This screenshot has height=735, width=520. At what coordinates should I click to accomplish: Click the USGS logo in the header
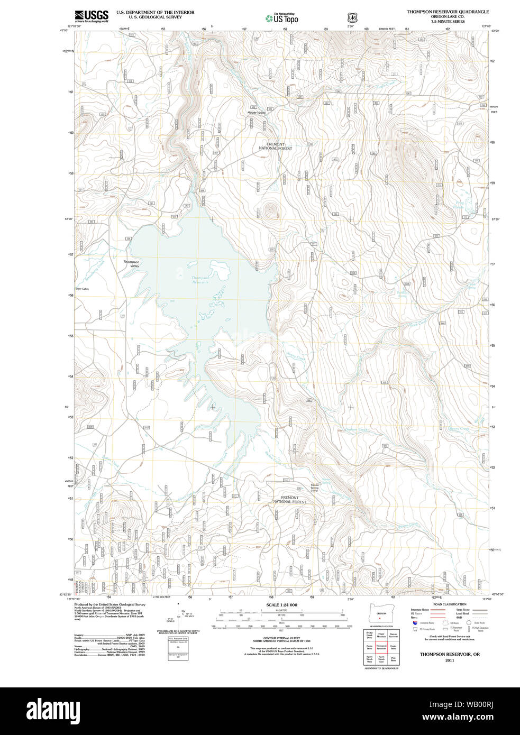click(91, 16)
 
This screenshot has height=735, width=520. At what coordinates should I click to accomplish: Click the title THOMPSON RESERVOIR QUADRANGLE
click(448, 12)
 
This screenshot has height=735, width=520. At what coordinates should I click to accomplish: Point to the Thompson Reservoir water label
click(200, 280)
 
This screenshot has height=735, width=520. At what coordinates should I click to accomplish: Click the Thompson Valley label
click(131, 264)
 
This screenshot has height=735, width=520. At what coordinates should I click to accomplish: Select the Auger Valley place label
click(257, 113)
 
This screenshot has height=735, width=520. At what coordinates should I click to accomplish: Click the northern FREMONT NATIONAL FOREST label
click(275, 146)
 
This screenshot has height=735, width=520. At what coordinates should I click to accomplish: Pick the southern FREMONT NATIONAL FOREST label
click(289, 500)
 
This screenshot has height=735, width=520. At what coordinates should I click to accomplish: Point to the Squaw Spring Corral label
click(315, 488)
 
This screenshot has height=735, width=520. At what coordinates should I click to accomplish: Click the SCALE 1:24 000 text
click(281, 605)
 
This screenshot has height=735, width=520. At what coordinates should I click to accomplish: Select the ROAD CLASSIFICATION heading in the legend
click(450, 604)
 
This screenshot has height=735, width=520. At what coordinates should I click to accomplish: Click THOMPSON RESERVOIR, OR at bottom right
click(450, 654)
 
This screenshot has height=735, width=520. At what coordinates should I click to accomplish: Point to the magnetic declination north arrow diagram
click(181, 616)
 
